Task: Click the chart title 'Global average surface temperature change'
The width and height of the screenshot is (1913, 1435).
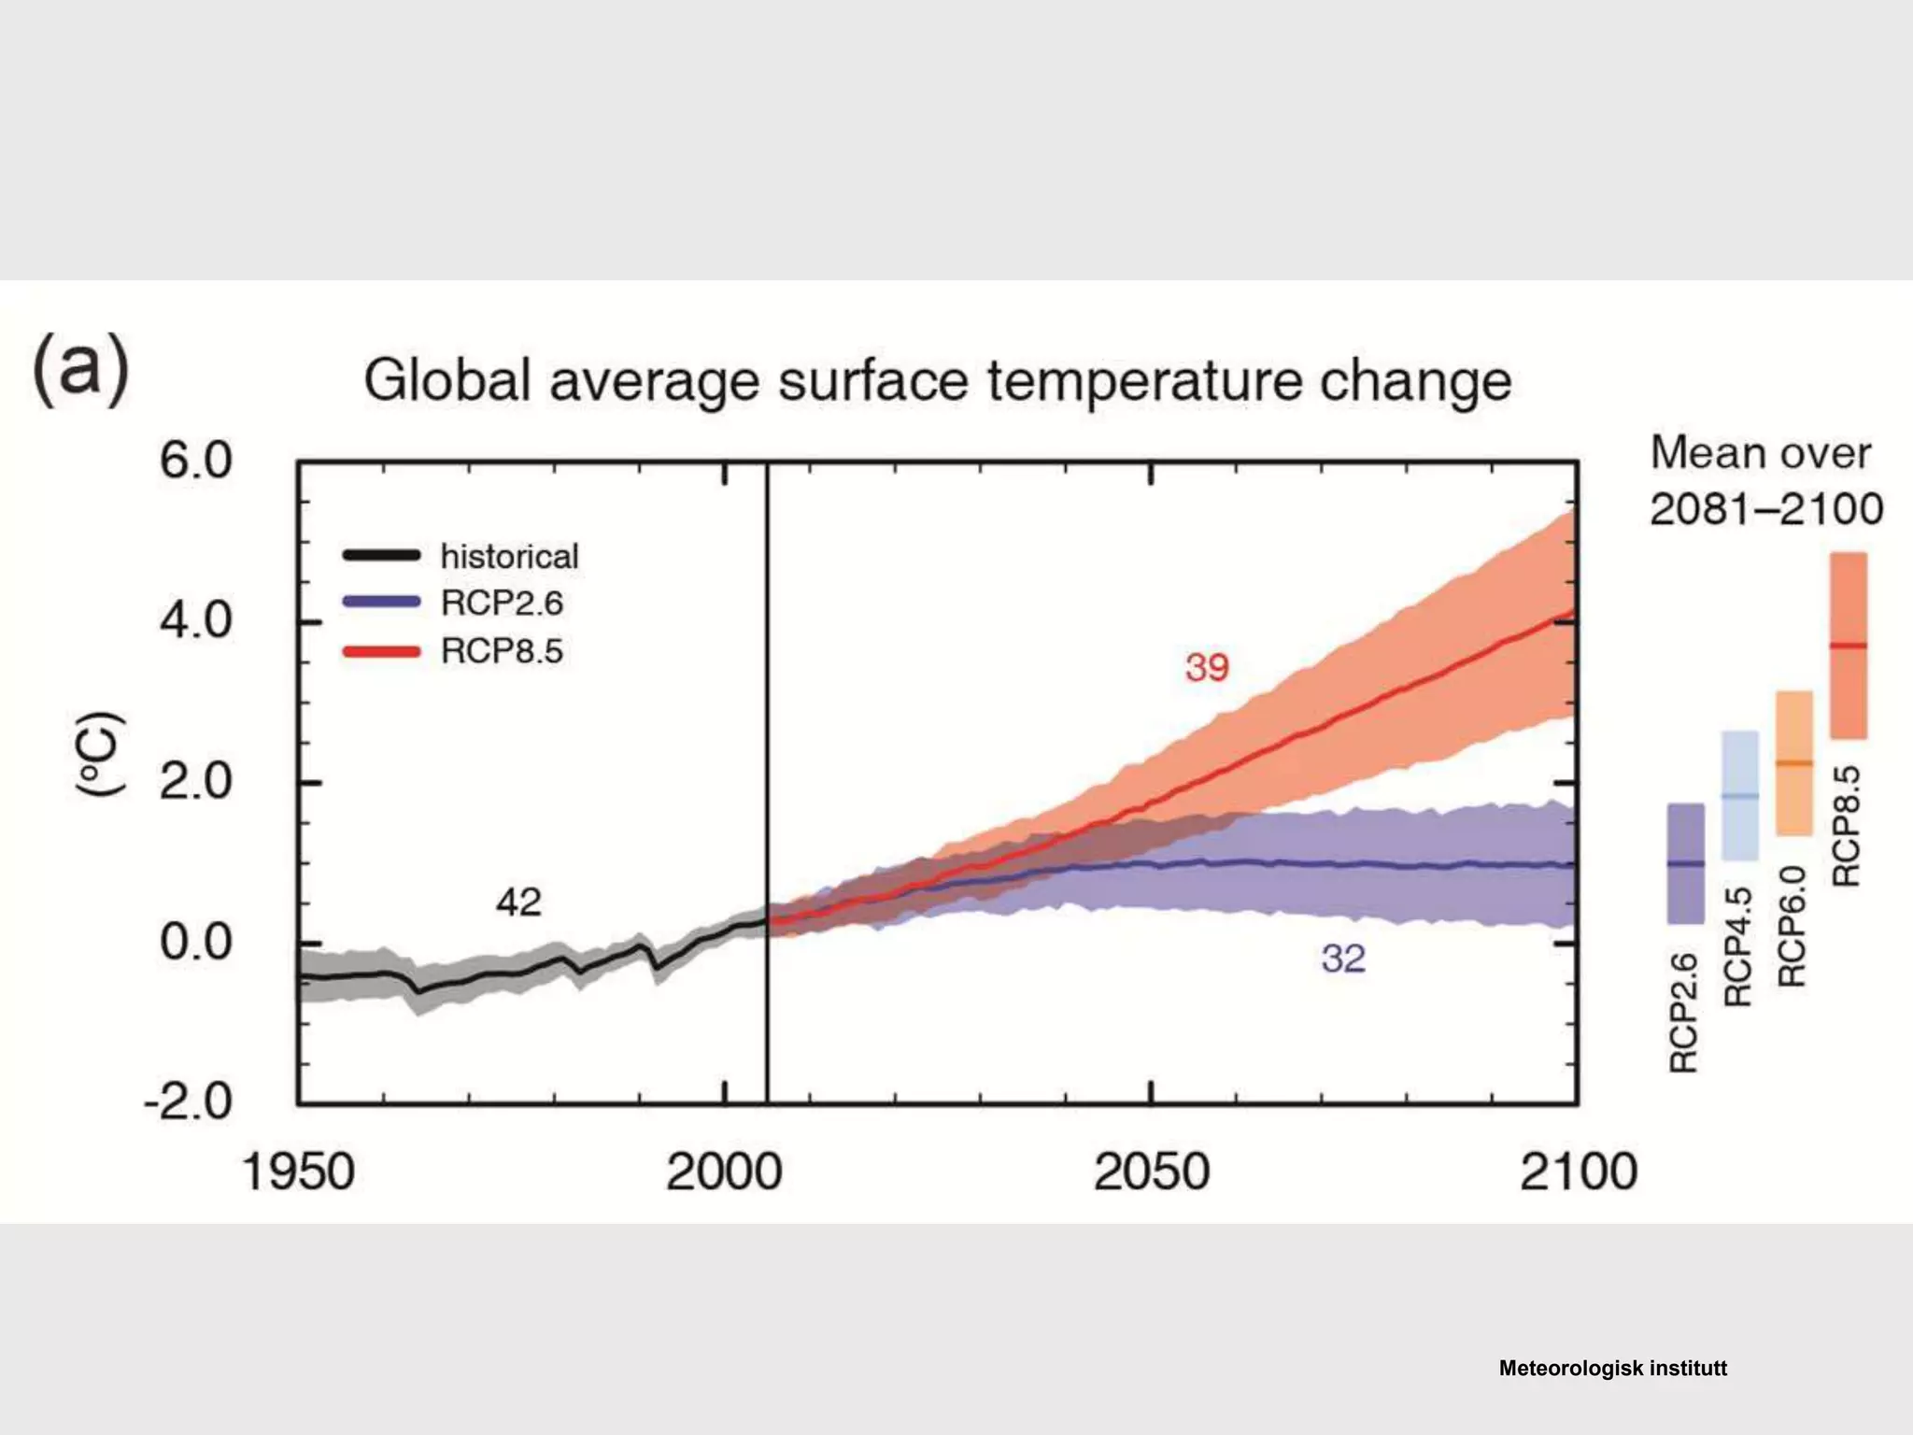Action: (937, 381)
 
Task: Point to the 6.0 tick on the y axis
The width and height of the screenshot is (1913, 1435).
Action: (195, 462)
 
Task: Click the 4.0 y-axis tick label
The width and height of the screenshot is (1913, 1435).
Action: (195, 621)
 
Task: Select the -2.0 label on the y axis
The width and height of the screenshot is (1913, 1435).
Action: (188, 1102)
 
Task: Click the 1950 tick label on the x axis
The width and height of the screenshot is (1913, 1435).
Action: (298, 1172)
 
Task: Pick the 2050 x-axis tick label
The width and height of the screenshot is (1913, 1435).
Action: (1151, 1172)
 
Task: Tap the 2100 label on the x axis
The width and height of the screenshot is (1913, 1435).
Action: (1578, 1172)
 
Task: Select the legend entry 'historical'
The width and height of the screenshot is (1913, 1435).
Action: (509, 557)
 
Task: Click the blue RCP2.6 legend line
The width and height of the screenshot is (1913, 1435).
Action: (381, 603)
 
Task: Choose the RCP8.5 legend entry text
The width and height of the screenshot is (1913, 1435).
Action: (502, 651)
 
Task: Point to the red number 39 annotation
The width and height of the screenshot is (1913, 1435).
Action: (1207, 668)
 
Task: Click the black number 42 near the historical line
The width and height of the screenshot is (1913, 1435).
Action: (518, 902)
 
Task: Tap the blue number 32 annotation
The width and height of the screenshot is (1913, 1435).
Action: (1343, 959)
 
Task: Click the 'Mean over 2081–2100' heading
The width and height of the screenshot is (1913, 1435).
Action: (1764, 481)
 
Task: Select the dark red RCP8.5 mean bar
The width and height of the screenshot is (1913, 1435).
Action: (1848, 645)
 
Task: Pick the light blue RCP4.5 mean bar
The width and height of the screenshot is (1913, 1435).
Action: (1739, 795)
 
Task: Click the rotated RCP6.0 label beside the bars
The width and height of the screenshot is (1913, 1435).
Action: (1793, 927)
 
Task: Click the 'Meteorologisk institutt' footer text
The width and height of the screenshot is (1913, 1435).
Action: (1612, 1369)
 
